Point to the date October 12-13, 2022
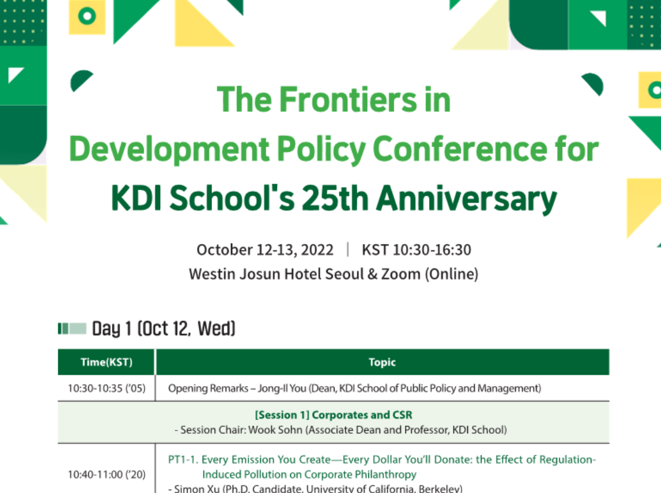[x=265, y=250]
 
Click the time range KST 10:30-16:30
[x=416, y=250]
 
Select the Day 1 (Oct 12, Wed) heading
[x=163, y=328]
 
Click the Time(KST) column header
[x=106, y=362]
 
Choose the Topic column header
[x=382, y=362]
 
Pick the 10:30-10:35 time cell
[x=106, y=389]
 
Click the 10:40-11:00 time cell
[x=106, y=475]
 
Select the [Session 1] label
[x=282, y=415]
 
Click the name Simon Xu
[x=195, y=489]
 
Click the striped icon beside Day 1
[x=72, y=328]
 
